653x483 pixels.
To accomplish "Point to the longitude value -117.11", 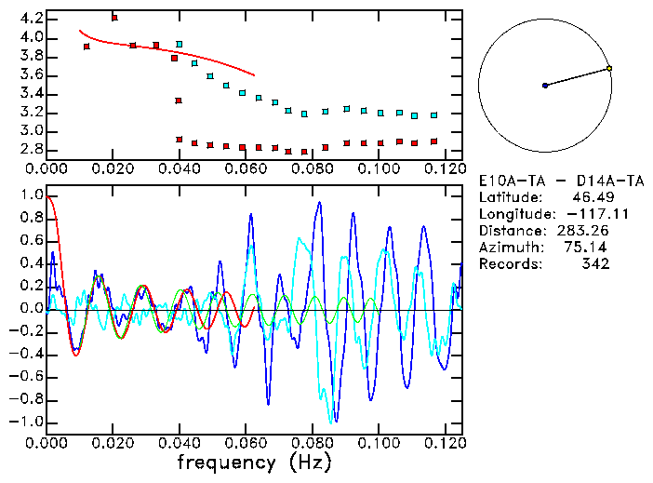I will [x=583, y=214].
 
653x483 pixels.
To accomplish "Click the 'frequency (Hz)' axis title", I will [x=254, y=462].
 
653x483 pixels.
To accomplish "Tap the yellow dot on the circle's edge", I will [x=609, y=68].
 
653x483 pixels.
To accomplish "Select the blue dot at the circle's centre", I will [x=545, y=86].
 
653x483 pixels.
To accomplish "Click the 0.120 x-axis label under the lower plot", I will [x=446, y=442].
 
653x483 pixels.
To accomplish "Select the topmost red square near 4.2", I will [x=114, y=18].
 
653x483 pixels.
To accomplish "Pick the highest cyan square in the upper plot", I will [x=180, y=44].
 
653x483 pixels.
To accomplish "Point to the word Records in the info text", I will [x=507, y=264].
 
